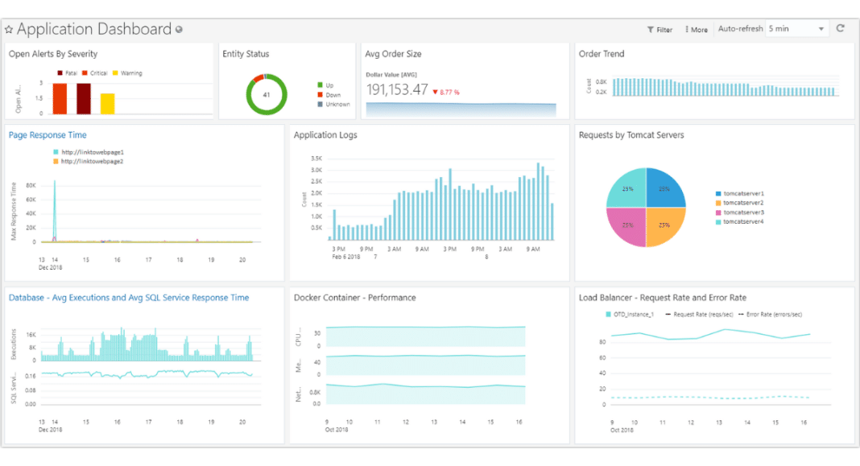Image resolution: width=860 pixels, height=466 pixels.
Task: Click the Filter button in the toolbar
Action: coord(659,30)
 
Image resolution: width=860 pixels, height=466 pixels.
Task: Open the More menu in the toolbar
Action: coord(697,30)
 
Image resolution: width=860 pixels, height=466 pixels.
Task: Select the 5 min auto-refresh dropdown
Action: coord(796,29)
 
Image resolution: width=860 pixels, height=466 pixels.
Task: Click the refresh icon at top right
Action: coord(841,28)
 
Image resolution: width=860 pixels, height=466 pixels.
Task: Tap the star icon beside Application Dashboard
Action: coord(9,30)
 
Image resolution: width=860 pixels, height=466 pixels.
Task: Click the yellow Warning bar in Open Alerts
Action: coord(107,104)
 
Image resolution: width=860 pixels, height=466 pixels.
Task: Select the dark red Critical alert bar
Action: coord(84,98)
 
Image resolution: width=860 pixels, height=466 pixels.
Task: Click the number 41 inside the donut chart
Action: coord(266,94)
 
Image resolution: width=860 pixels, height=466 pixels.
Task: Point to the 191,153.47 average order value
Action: coord(397,90)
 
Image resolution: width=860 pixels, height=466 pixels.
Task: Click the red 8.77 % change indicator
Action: coord(446,92)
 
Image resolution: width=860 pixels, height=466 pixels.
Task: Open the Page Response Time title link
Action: coord(48,135)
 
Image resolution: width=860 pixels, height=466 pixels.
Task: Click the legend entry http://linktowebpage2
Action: coord(92,161)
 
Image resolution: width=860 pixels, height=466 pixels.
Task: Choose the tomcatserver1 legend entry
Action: coord(743,194)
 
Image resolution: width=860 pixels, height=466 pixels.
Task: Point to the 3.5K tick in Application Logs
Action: coord(316,159)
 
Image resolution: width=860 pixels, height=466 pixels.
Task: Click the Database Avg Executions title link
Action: coord(129,298)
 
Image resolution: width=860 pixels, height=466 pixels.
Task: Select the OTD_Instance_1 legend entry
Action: coord(632,315)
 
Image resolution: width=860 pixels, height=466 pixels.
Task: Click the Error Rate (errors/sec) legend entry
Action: coord(774,315)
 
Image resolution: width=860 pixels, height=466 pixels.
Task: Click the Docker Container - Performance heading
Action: coord(354,298)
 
